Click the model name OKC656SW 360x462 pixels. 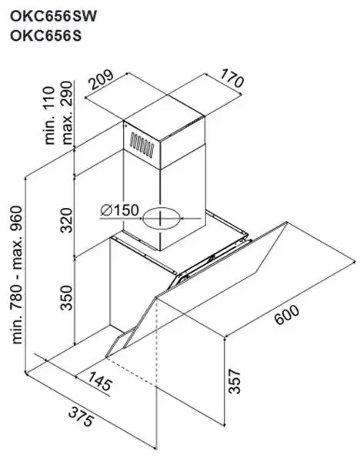coord(53,16)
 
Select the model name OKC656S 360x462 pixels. coord(45,36)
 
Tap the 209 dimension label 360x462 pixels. coord(102,79)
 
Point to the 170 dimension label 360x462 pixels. coord(232,78)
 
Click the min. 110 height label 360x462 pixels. coord(49,115)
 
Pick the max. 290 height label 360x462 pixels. coord(67,112)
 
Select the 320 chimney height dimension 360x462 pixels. coord(66,220)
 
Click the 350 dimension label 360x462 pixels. coord(66,297)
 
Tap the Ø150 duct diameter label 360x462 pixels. coord(119,210)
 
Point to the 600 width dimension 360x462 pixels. coord(287,315)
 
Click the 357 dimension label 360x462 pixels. coord(235,381)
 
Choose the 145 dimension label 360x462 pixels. coord(100,381)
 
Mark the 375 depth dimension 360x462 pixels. coord(81,417)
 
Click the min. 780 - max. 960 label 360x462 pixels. coord(17,275)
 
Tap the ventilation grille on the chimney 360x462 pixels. coord(142,145)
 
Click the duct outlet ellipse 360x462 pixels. coord(161,219)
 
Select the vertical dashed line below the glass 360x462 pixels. coord(156,343)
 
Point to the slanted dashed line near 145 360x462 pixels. coord(132,372)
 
